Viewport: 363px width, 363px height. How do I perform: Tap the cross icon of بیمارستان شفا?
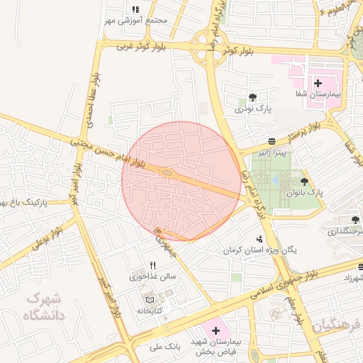[x=318, y=83]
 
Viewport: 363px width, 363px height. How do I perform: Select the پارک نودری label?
[x=254, y=108]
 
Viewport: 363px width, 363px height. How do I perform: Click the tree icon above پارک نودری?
[x=253, y=97]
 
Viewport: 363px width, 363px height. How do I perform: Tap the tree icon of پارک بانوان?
[x=305, y=182]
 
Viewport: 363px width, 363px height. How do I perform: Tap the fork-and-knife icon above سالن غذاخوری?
[x=152, y=265]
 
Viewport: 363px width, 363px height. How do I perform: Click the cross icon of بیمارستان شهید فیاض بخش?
[x=216, y=330]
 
